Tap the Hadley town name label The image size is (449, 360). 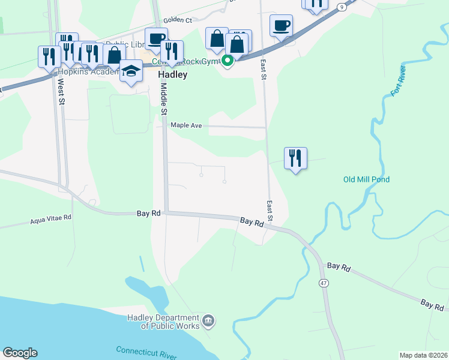click(x=173, y=75)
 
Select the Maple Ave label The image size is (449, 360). click(x=186, y=125)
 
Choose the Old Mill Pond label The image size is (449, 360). click(x=366, y=179)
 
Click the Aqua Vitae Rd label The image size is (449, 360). click(x=51, y=220)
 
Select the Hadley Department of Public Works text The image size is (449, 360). click(x=163, y=322)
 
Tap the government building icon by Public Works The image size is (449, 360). click(x=208, y=321)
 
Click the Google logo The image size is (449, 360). click(x=20, y=353)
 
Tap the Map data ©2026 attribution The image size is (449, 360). click(x=423, y=355)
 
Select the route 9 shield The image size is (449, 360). click(x=342, y=6)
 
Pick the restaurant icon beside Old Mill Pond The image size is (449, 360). click(x=295, y=158)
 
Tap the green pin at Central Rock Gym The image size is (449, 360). click(x=228, y=60)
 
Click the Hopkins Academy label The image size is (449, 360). click(x=83, y=71)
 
